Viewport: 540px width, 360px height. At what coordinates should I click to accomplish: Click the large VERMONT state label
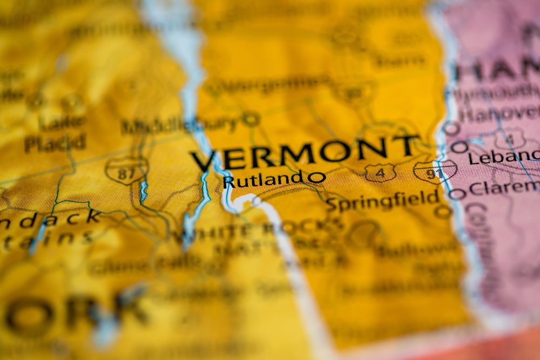tap(305, 153)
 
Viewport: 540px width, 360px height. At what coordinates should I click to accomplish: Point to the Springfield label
tap(382, 201)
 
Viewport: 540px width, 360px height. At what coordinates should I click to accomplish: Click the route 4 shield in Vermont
tap(379, 173)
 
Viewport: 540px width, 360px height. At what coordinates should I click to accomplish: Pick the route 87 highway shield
tap(126, 170)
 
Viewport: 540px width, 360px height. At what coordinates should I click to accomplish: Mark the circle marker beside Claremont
tap(457, 194)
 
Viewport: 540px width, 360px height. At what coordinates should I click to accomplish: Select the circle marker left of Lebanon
tap(459, 147)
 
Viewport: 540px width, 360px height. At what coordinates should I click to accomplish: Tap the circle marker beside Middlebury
tap(251, 119)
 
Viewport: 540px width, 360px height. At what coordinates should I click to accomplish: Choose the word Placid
tap(55, 143)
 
